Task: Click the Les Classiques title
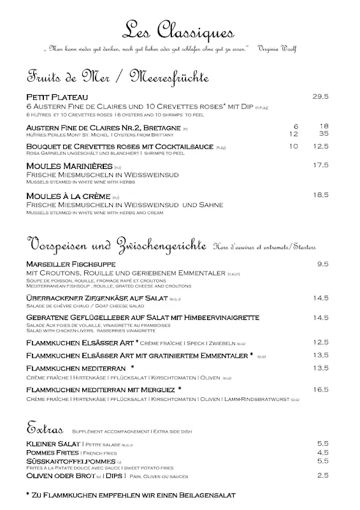[179, 31]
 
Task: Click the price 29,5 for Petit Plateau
[320, 97]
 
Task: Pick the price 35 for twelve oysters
[324, 134]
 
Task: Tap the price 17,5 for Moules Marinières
[320, 166]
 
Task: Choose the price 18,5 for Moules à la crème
[320, 195]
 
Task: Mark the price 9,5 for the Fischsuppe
[323, 264]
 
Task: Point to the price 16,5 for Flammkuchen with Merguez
[320, 389]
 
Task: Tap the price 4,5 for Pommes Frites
[323, 452]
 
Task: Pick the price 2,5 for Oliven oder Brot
[323, 475]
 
